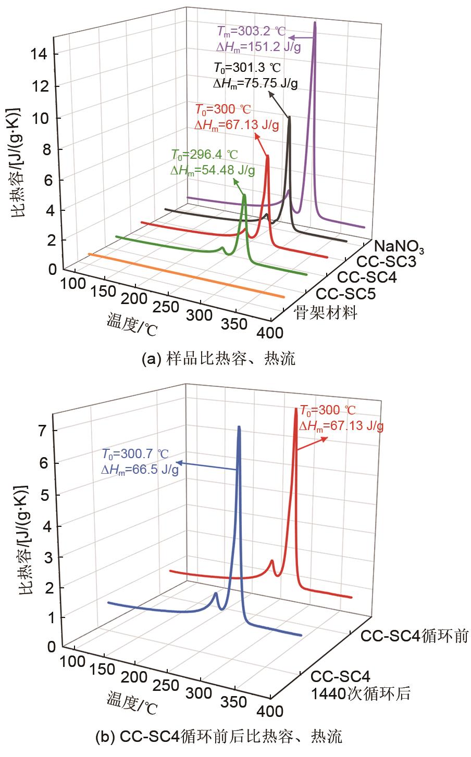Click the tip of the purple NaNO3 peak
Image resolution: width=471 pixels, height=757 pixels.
point(315,23)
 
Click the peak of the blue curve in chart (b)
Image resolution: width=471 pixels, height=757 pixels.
point(239,427)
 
